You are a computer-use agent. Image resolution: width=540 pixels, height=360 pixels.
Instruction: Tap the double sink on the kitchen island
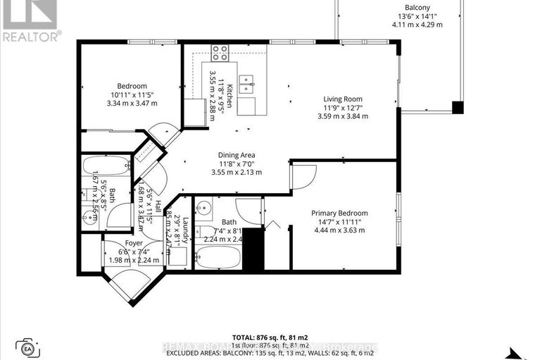pos(247,84)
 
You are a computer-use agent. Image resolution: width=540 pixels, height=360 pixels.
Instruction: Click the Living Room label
pos(342,99)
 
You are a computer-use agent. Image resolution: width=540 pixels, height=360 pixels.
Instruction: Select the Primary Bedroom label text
pos(339,213)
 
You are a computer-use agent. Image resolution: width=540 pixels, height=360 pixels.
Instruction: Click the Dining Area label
pos(236,155)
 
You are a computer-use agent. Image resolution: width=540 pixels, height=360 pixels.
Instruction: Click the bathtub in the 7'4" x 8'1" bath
pos(215,263)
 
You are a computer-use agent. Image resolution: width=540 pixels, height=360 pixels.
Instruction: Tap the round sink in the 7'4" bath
pos(203,209)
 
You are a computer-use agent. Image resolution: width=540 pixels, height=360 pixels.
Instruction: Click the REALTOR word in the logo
pos(30,36)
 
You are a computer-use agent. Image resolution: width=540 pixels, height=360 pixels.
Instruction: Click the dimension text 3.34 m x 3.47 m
pos(132,103)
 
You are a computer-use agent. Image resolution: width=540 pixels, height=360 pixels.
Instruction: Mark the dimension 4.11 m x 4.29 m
pos(417,25)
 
